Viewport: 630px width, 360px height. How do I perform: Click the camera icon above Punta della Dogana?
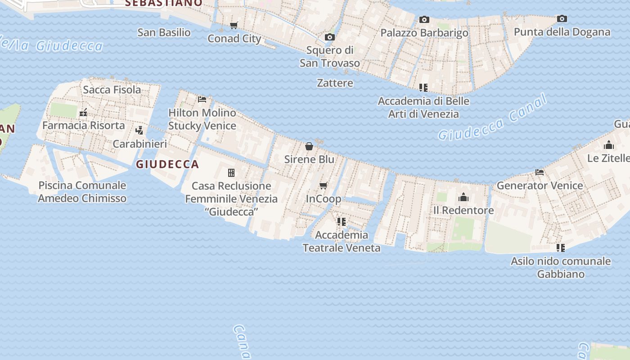(x=562, y=19)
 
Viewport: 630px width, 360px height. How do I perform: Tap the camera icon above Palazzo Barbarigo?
(x=424, y=20)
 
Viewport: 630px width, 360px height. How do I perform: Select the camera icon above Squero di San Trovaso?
(x=330, y=37)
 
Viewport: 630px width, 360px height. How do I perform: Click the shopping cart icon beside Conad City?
(x=234, y=26)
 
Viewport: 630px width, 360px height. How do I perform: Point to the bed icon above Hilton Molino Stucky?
(x=202, y=99)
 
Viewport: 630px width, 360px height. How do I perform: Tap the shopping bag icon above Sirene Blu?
(x=309, y=146)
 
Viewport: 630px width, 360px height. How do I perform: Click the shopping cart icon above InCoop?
(x=323, y=185)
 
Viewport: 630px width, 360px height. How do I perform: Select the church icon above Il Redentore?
(x=463, y=197)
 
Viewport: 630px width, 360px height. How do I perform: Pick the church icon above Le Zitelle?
(x=609, y=145)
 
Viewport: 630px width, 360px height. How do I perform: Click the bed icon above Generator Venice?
(x=540, y=172)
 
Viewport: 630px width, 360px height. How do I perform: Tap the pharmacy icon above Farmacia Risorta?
(x=83, y=112)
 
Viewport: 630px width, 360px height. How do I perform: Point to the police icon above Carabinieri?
(x=139, y=130)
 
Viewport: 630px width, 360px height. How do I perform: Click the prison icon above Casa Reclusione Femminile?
(x=231, y=173)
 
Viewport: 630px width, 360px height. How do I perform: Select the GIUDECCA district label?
(x=167, y=164)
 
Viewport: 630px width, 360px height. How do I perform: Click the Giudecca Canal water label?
(x=492, y=118)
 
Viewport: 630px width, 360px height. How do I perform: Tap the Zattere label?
(x=335, y=83)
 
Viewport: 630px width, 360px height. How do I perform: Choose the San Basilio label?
(x=164, y=32)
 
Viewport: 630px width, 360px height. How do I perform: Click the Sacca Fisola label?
(x=112, y=90)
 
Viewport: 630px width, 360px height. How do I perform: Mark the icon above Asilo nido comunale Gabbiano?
(x=560, y=248)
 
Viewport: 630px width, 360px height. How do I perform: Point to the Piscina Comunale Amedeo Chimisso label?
(x=82, y=192)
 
